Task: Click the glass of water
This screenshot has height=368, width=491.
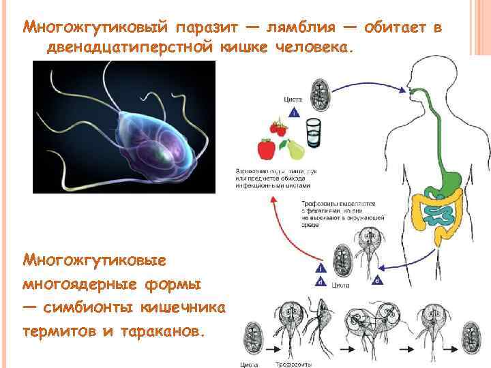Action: (x=312, y=131)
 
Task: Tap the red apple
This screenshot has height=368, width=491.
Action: (x=265, y=149)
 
